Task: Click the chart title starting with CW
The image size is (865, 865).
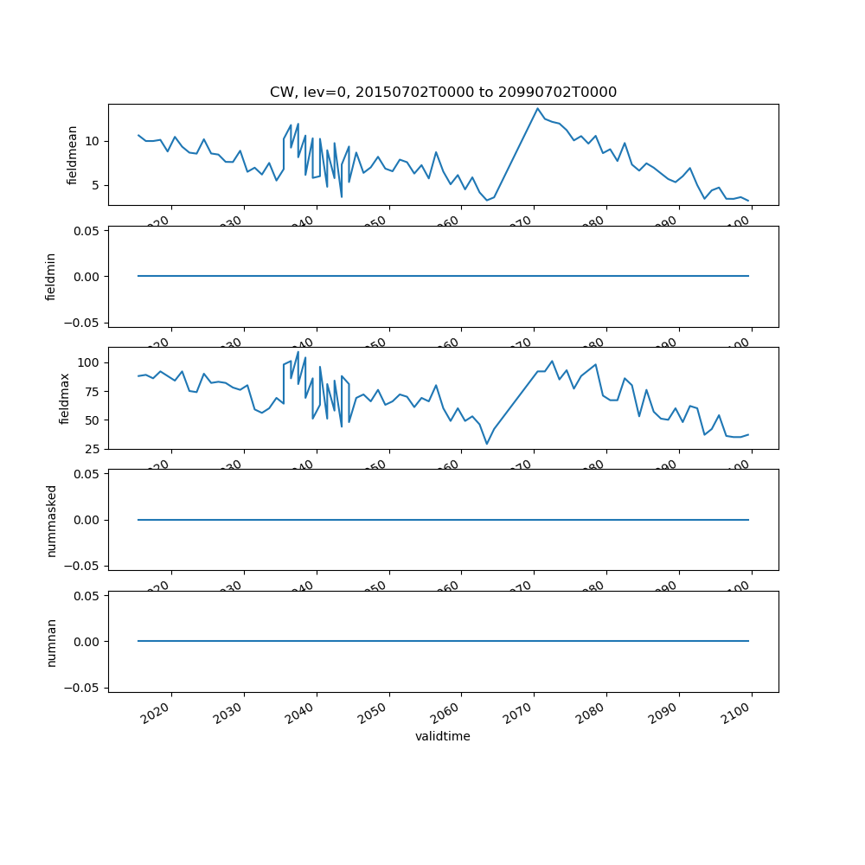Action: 443,93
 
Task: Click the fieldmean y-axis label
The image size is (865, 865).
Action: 73,155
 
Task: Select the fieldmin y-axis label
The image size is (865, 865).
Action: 51,277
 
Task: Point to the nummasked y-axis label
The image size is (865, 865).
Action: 51,520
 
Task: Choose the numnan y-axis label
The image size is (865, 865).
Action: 51,642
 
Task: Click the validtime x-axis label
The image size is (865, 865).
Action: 443,736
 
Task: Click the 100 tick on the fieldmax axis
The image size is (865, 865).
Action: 90,362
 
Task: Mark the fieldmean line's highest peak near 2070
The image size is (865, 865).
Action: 537,108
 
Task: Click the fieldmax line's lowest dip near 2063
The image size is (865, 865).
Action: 487,444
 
